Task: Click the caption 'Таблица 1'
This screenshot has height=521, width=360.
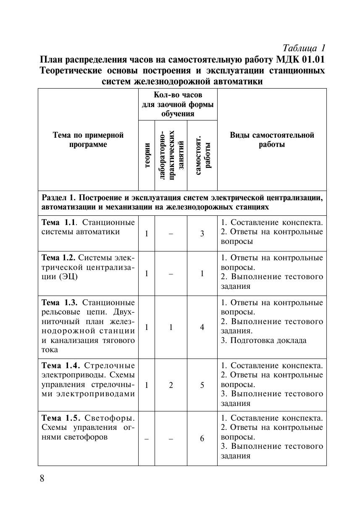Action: pyautogui.click(x=304, y=47)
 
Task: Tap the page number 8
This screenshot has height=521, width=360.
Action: pyautogui.click(x=42, y=479)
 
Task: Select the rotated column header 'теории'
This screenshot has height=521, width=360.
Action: pyautogui.click(x=147, y=155)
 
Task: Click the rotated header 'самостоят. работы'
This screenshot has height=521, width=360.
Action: pyautogui.click(x=202, y=155)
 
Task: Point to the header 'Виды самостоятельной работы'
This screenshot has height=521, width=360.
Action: pyautogui.click(x=272, y=140)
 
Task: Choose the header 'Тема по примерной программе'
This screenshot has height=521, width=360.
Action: pyautogui.click(x=88, y=140)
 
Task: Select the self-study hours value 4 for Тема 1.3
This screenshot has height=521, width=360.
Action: pyautogui.click(x=202, y=327)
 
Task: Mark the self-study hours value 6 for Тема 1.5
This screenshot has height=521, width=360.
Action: pyautogui.click(x=202, y=438)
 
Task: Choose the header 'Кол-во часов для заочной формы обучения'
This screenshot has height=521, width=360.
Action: pyautogui.click(x=178, y=104)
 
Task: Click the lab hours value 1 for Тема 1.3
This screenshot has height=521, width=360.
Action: pyautogui.click(x=171, y=327)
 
